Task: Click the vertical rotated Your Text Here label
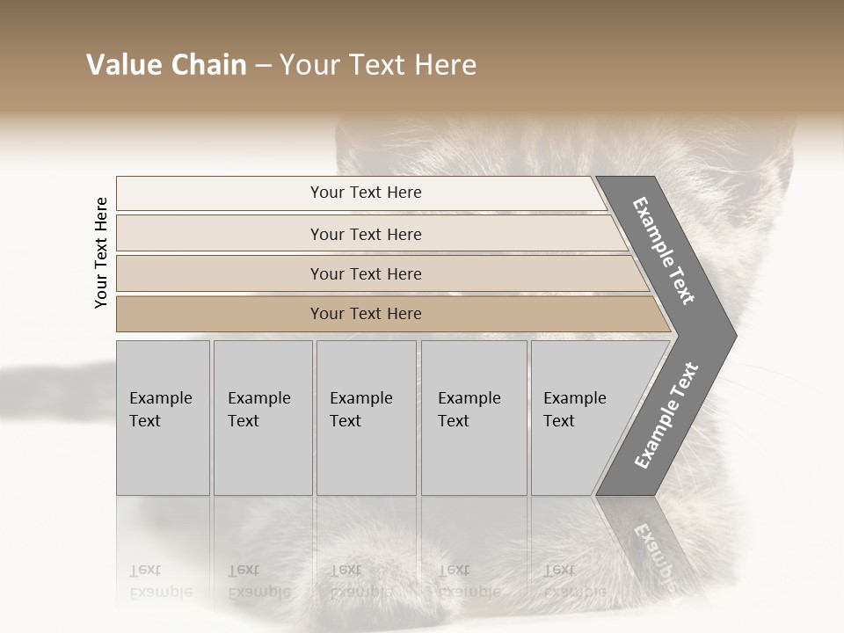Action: point(101,253)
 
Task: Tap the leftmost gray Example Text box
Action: point(163,418)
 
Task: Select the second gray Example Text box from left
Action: point(263,418)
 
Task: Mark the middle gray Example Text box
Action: point(366,418)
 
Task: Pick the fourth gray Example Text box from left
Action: point(474,418)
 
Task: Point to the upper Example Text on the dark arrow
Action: point(664,251)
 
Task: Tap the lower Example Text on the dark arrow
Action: point(666,416)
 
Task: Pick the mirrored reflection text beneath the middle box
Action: point(360,581)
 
